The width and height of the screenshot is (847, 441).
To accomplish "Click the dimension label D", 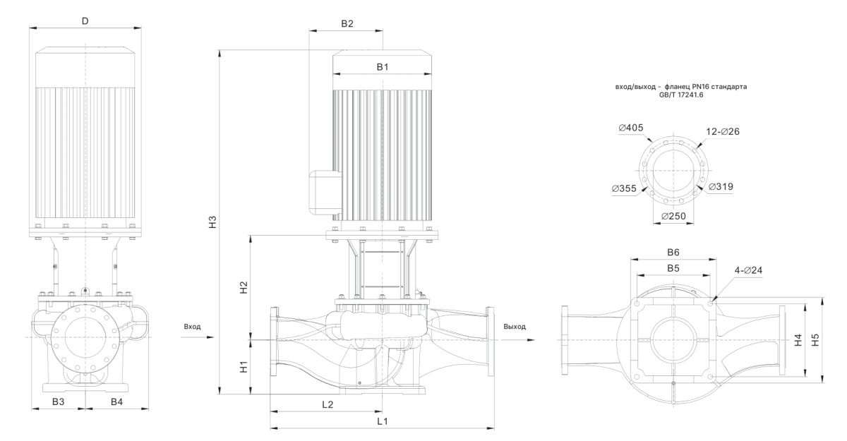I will (85, 20).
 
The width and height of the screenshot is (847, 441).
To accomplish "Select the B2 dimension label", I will (347, 23).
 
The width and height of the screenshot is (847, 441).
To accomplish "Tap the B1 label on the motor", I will (382, 67).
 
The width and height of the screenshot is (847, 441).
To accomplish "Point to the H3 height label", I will (211, 221).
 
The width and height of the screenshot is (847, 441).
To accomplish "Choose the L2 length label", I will (327, 404).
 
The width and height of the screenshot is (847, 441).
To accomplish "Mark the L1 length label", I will (382, 421).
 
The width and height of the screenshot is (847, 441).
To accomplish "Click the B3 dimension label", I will (59, 401).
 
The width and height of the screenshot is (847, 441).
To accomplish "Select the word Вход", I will (192, 327).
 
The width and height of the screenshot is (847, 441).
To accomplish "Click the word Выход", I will (515, 327).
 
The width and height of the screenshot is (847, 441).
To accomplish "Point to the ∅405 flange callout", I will (630, 128).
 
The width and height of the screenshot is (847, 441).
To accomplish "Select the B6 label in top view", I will (673, 253).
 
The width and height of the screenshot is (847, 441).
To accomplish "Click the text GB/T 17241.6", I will (681, 95).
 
